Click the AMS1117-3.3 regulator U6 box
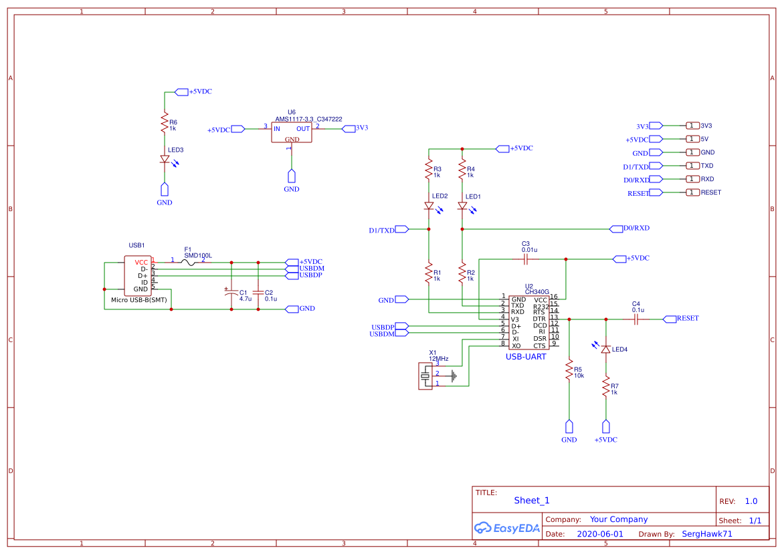pos(291,132)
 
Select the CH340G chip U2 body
pos(528,322)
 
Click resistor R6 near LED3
pos(164,123)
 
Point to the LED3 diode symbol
pos(165,160)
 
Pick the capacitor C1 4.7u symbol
pos(231,292)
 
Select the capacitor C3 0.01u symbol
pos(525,259)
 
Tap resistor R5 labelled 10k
pos(569,370)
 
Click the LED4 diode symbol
pos(606,350)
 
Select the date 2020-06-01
pos(599,534)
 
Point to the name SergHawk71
pos(706,534)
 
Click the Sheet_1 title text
pos(532,501)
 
